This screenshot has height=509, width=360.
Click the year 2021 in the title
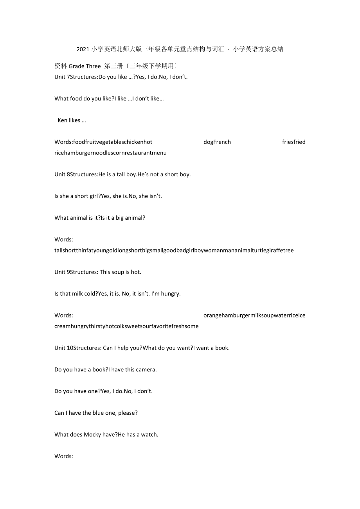[x=83, y=49]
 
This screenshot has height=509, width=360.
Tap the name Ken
[x=62, y=120]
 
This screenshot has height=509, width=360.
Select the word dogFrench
[x=217, y=142]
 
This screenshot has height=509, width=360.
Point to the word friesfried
[x=293, y=142]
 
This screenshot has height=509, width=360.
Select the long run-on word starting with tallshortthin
[x=174, y=250]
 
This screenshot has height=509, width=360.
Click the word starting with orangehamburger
[x=254, y=315]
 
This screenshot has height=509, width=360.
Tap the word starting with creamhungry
[x=126, y=326]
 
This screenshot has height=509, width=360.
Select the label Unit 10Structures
[x=77, y=348]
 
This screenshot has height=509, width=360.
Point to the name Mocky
[x=92, y=434]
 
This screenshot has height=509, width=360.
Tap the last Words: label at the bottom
[x=64, y=456]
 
